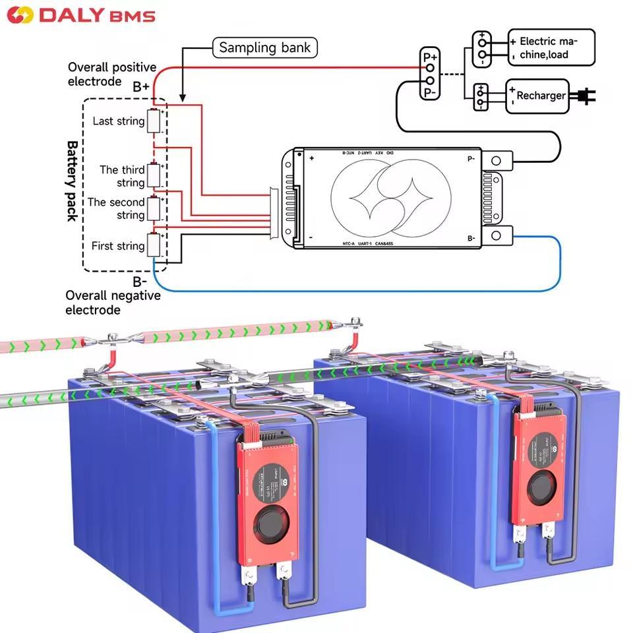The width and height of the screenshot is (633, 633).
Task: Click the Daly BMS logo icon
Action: point(19,15)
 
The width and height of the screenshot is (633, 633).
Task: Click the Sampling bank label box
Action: point(264,47)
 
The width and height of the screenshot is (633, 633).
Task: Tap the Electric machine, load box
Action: point(551,47)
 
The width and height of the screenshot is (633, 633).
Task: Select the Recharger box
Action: point(537,96)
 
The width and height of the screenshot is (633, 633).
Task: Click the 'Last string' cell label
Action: point(118,121)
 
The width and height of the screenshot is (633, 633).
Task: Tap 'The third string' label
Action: point(122,176)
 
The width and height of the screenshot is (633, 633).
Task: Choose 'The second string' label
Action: point(116,208)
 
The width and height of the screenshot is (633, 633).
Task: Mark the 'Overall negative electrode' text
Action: point(112,303)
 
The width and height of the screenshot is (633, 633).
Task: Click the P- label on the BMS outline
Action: point(471,159)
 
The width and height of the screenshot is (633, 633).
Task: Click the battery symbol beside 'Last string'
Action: point(154,122)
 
